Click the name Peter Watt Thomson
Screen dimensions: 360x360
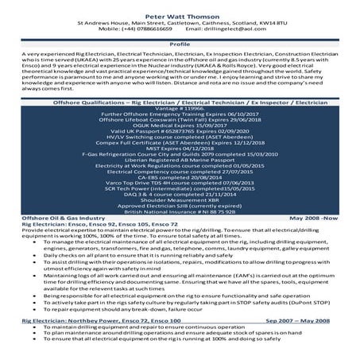pos(180,15)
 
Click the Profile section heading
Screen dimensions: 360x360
pos(180,45)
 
